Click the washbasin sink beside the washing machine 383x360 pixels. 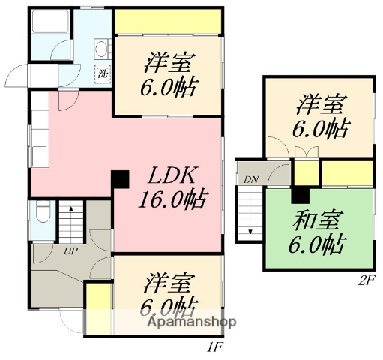coord(101,51)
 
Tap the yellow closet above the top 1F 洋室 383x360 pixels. coord(167,22)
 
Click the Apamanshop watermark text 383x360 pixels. coord(193,322)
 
